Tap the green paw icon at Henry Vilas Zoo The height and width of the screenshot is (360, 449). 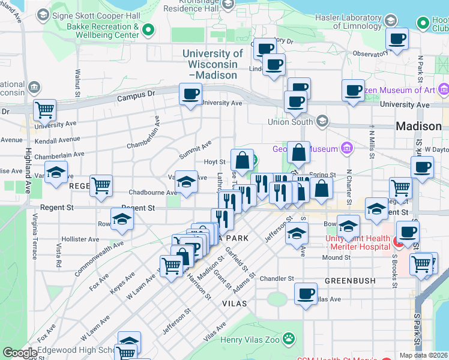(x=289, y=338)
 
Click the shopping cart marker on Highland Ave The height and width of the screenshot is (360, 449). (x=44, y=110)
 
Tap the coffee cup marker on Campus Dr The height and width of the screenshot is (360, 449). (x=191, y=94)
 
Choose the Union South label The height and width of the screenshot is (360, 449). (x=291, y=122)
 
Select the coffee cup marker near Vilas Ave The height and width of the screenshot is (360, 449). (x=306, y=294)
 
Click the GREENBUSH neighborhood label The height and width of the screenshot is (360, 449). (x=350, y=280)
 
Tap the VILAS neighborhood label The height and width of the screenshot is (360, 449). (x=234, y=304)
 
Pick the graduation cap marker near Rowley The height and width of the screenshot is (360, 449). (x=122, y=220)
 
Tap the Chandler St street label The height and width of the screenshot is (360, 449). (x=277, y=278)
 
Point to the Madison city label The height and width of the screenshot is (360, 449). (x=419, y=127)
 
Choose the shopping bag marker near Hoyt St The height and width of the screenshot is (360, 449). (x=242, y=160)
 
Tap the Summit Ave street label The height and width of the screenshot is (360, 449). (x=195, y=150)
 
